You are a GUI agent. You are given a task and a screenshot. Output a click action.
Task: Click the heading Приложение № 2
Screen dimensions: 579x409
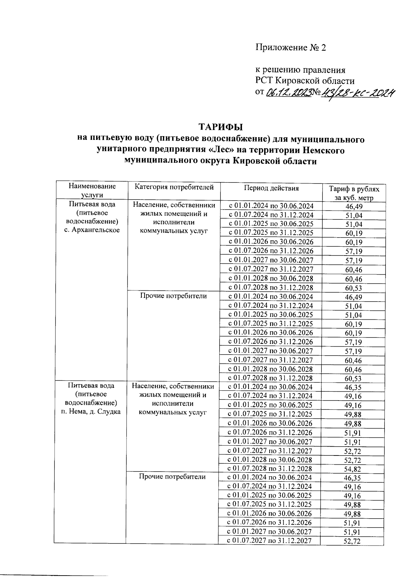coord(291,47)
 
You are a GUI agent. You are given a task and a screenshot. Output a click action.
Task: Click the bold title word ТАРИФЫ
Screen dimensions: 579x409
coord(221,127)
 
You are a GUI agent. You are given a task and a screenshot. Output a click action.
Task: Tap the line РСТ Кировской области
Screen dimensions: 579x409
coord(305,81)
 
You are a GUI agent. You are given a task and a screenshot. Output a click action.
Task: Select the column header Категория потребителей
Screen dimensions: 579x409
coord(174,187)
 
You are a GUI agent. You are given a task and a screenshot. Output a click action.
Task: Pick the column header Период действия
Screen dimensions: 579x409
coord(271,188)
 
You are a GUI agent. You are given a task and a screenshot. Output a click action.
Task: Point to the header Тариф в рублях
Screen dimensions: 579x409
coord(353,189)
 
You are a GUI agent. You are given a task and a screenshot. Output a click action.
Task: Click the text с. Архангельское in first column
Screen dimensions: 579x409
coord(92,230)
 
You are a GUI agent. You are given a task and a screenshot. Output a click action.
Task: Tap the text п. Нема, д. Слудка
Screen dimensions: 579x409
coord(91,411)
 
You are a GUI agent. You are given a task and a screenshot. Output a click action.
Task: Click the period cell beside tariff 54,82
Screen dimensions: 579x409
coord(269,469)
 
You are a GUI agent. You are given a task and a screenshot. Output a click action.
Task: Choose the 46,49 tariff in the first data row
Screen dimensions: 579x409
coord(354,206)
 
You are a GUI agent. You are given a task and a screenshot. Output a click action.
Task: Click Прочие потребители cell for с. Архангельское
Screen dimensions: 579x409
coord(173,296)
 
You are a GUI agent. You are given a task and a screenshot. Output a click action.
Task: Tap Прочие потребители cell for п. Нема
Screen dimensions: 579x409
coord(172,477)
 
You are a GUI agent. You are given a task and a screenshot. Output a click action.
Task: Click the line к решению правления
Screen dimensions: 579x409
coord(300,70)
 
